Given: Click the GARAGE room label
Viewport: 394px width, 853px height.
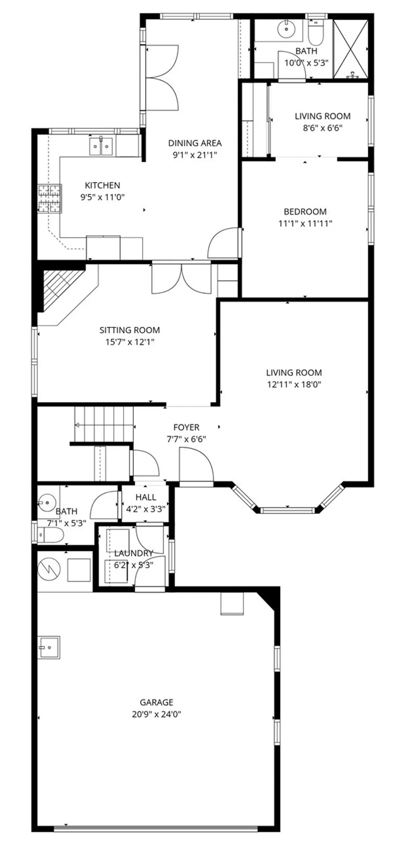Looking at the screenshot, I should [156, 702].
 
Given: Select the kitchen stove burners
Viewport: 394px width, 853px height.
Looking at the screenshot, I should [50, 199].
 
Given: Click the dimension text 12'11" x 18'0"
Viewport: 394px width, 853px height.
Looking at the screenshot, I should [294, 384].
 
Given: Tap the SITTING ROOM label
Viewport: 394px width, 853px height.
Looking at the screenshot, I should [130, 330].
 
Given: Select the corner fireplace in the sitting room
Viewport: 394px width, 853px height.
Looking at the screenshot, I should [58, 289].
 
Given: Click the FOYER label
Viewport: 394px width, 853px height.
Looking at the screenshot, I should [186, 427].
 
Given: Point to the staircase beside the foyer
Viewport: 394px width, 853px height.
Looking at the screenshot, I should [104, 425].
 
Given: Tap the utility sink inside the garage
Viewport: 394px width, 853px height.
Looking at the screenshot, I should [49, 647].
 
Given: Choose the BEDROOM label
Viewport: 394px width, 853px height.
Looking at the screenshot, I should [305, 211].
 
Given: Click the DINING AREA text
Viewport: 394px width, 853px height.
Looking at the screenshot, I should [195, 143].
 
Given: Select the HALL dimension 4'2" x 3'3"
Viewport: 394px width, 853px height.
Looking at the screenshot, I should [146, 509].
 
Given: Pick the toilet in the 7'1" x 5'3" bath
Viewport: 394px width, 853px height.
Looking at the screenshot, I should [52, 535].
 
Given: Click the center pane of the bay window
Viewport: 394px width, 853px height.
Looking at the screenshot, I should [287, 510].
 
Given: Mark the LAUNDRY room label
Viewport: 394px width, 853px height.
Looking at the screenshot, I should [134, 553].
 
